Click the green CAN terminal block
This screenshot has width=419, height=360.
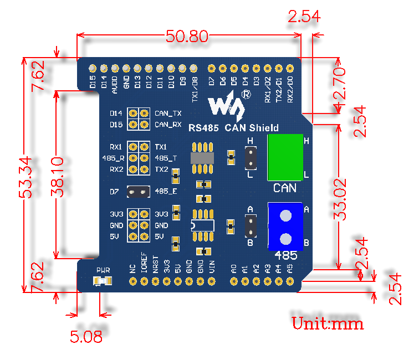[285, 157]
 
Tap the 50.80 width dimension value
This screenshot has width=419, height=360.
[187, 37]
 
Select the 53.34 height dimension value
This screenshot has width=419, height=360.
[25, 177]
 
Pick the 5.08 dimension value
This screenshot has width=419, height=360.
[86, 336]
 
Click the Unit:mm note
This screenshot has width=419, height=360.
[328, 323]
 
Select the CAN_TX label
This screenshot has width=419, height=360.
[168, 114]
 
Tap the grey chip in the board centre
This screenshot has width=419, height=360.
[202, 158]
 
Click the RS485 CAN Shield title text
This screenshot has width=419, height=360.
[233, 128]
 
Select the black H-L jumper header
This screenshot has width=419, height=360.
[251, 158]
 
